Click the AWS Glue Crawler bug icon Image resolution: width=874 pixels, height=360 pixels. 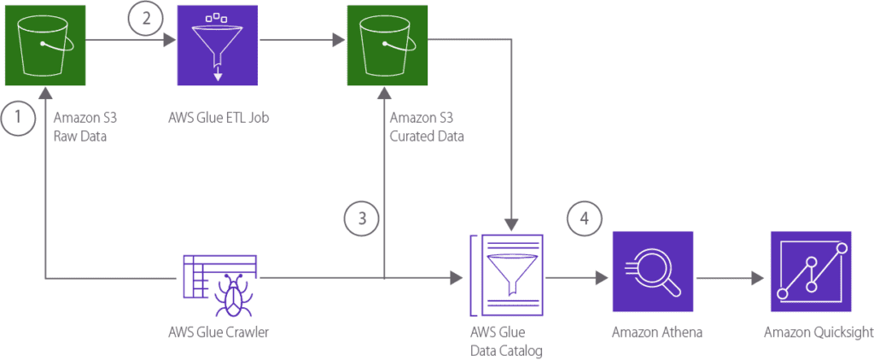(218, 278)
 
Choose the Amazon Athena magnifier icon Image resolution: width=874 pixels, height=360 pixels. (653, 272)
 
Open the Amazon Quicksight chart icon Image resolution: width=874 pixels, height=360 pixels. (811, 272)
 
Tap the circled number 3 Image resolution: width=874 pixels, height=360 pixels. (363, 219)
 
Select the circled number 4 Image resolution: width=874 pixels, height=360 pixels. (584, 219)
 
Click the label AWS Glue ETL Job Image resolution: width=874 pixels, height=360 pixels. (219, 118)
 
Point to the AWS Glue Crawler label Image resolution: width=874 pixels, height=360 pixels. (219, 332)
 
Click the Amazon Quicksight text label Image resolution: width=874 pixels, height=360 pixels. (812, 333)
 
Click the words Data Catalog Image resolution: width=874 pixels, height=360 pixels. (507, 350)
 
